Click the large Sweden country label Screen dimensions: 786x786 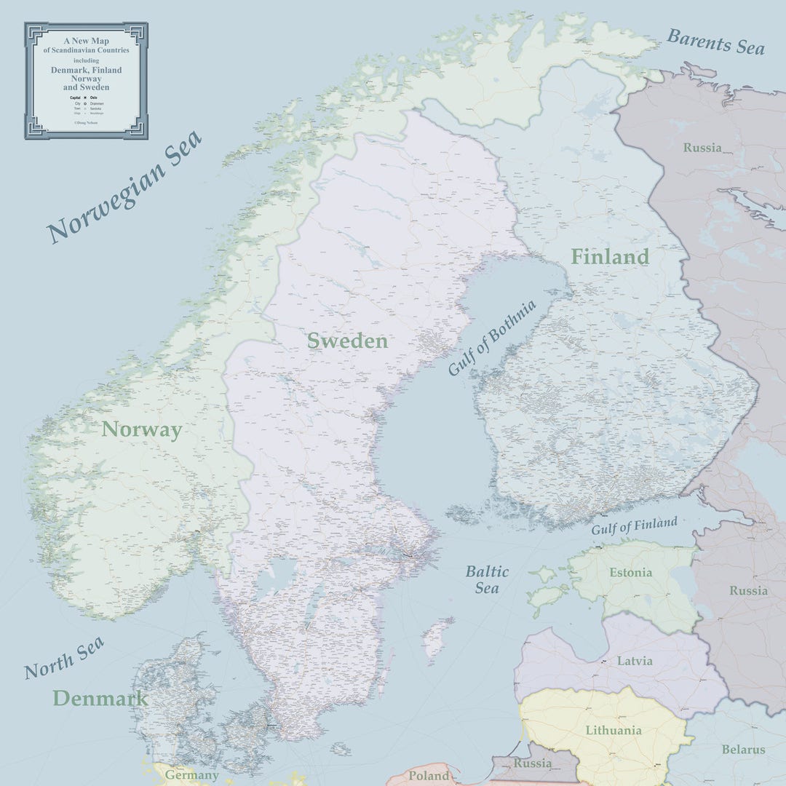347,341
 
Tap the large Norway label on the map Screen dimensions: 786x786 141,429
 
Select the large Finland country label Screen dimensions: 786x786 609,257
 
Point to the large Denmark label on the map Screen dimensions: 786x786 100,699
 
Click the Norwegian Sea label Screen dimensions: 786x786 124,188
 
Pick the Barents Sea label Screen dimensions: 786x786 716,41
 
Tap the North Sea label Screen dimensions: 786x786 64,658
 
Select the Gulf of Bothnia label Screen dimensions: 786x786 492,338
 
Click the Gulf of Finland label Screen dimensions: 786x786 634,525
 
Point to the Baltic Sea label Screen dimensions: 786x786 487,579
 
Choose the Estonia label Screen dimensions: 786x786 630,573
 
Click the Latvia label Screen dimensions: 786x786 635,662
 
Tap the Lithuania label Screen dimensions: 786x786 614,730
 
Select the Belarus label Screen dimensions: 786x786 743,750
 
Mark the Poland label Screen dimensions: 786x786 429,776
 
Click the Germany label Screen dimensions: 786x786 191,775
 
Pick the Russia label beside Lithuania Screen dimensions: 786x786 532,763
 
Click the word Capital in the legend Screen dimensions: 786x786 75,97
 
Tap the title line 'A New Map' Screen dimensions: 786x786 86,41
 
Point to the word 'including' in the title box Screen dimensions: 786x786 86,60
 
